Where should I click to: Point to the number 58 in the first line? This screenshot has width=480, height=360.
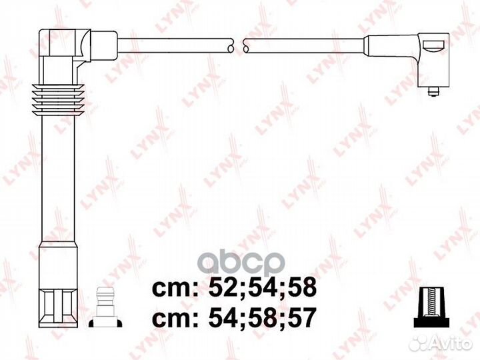tap(300, 289)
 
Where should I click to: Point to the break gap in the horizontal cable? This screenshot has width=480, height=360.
tap(239, 45)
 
